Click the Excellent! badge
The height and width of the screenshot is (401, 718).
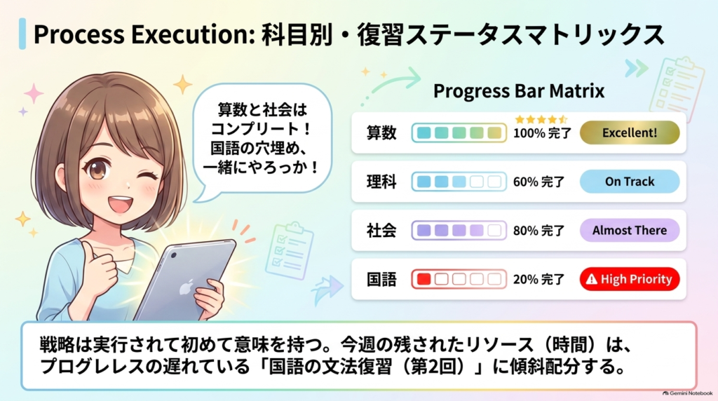[x=630, y=132]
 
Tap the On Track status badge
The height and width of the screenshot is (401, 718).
[x=630, y=182]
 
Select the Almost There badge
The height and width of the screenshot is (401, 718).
[x=630, y=230]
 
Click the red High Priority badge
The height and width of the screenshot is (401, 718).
[x=630, y=279]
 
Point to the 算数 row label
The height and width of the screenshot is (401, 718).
[x=381, y=132]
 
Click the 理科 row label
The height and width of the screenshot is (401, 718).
[x=381, y=182]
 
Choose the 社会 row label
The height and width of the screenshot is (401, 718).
[x=381, y=230]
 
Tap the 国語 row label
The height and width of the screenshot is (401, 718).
[x=381, y=279]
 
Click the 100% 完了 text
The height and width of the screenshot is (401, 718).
[x=542, y=133]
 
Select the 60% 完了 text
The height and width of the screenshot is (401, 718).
[x=538, y=182]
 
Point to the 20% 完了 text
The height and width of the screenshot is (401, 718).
[x=538, y=279]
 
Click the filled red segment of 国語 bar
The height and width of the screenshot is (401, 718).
[x=424, y=279]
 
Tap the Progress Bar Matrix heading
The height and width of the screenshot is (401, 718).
[x=519, y=91]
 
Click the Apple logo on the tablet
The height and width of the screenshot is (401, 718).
[x=185, y=288]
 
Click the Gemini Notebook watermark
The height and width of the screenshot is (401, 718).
[x=687, y=393]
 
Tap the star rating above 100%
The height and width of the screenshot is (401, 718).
[x=541, y=119]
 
